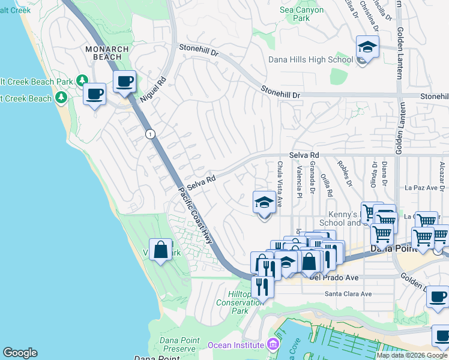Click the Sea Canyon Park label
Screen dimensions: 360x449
(x=301, y=14)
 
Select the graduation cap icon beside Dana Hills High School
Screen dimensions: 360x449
(x=367, y=46)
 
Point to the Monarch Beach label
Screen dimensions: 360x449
(x=107, y=53)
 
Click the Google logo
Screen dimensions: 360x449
(x=20, y=353)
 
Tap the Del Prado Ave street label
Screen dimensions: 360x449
(x=333, y=278)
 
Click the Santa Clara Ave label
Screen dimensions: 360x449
(x=348, y=294)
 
